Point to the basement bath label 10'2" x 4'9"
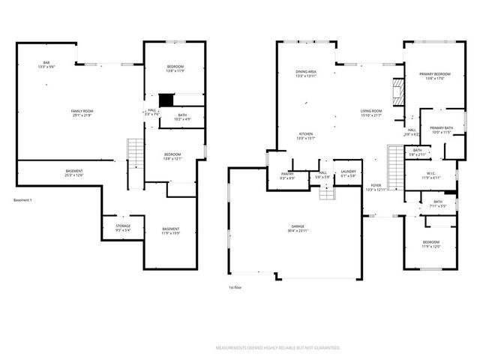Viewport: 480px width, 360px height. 182,117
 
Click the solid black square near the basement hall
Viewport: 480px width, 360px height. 166,99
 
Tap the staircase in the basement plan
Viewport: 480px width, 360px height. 134,154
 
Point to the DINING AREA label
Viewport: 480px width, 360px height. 306,73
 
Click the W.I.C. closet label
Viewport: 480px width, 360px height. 430,175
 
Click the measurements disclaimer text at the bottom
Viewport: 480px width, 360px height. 277,348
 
